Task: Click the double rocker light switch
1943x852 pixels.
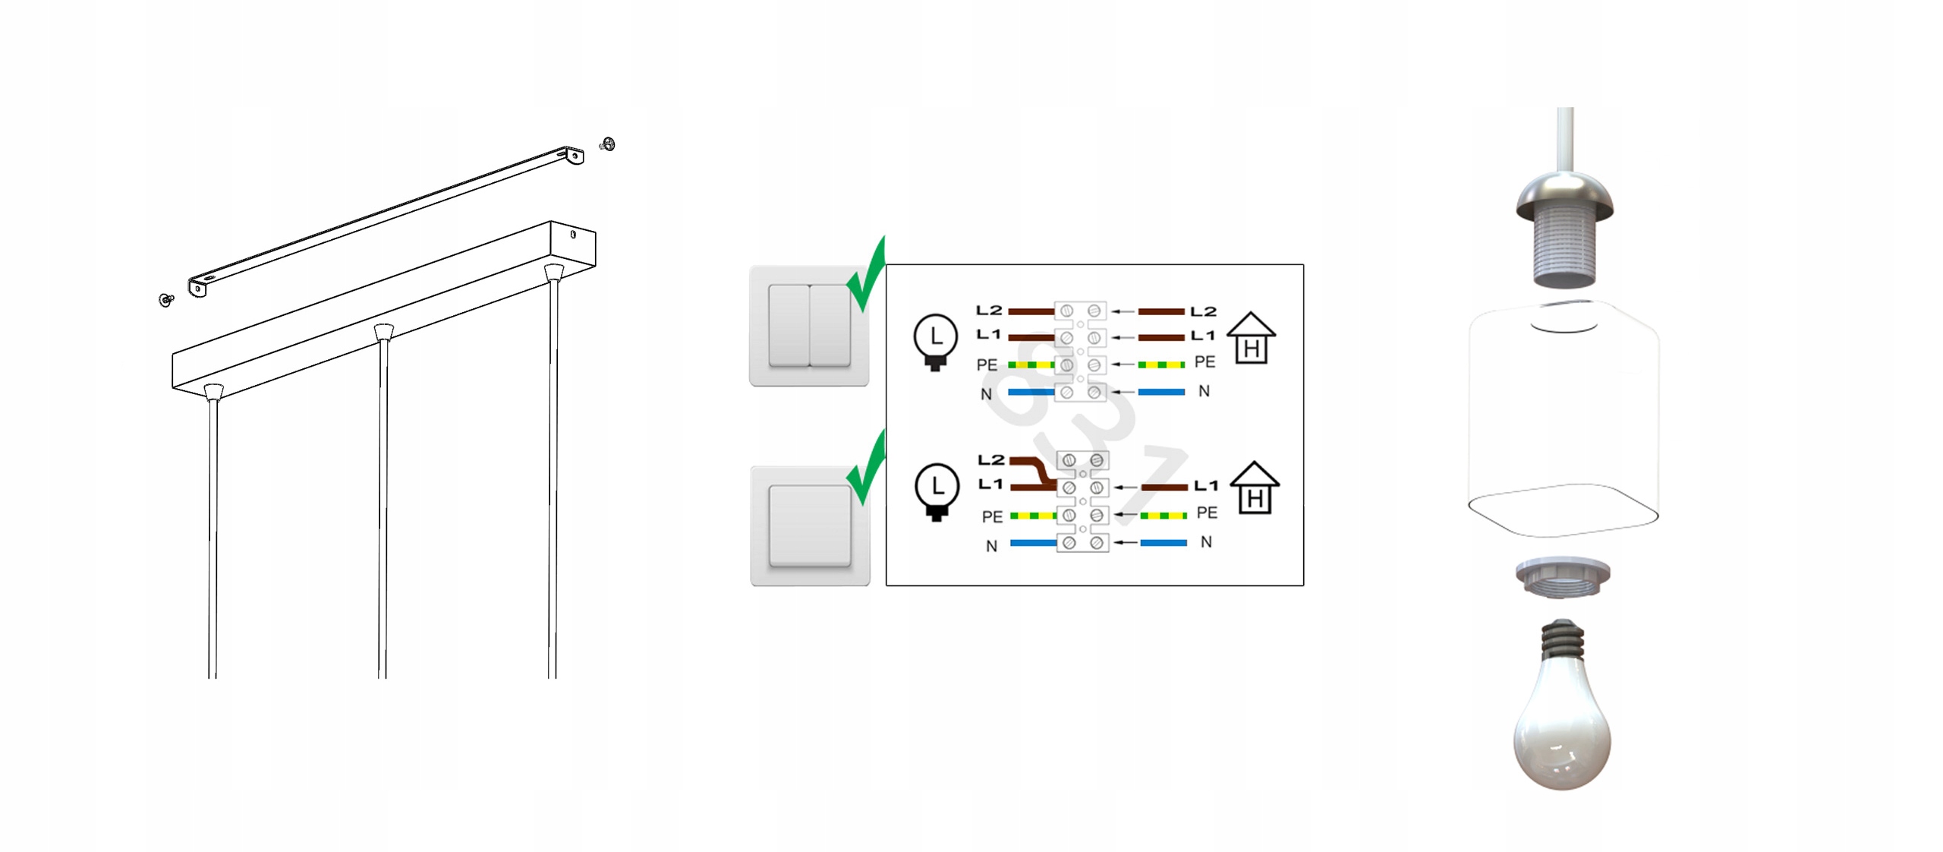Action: pos(809,326)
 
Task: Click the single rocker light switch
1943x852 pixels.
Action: pos(810,525)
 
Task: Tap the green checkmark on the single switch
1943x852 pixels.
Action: pos(867,467)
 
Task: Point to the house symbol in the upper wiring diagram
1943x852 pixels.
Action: pos(1251,338)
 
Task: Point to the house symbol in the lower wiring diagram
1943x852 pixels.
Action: pos(1254,488)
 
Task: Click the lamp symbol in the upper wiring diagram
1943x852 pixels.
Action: pos(935,342)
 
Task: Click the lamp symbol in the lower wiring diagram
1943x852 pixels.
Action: pos(937,491)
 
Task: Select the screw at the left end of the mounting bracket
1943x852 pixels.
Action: pos(166,300)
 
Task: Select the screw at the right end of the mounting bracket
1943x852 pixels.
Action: pos(607,144)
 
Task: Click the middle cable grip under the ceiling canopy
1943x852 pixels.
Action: pos(384,333)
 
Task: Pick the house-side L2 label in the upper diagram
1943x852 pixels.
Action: pos(1203,311)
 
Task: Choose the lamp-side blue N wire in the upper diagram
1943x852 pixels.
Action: pos(1031,392)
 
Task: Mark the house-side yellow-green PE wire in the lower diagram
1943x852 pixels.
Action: pos(1164,516)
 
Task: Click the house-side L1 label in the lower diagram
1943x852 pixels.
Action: pos(1205,485)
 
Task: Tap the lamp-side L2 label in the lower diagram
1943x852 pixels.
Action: pos(990,460)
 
